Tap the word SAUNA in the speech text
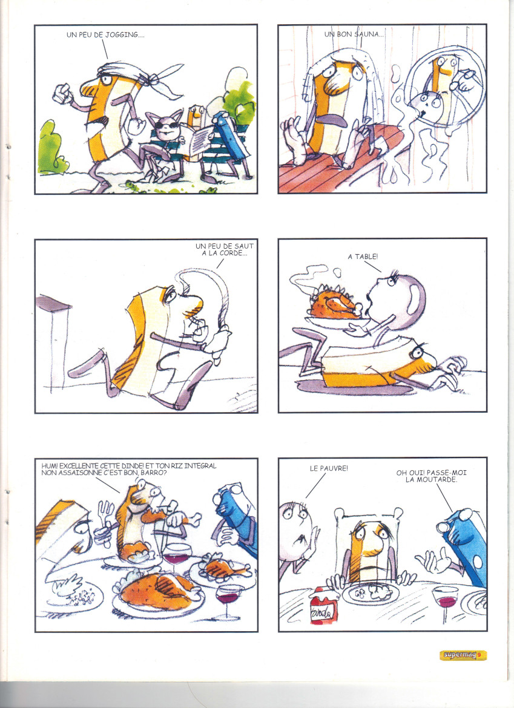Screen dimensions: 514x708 tap(366, 34)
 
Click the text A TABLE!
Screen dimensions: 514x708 tap(363, 257)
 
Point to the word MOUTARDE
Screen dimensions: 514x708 tap(431, 479)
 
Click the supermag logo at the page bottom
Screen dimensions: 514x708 tap(463, 655)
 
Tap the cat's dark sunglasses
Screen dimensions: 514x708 tap(168, 124)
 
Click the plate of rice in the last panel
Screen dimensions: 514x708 tap(371, 594)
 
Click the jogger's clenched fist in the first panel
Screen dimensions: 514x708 tap(62, 94)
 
